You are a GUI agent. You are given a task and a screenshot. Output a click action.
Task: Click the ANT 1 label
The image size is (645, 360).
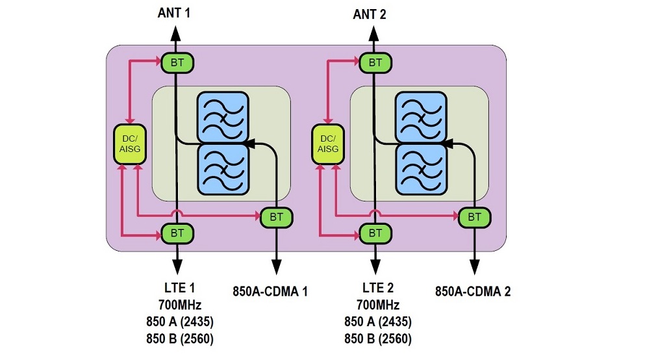(x=174, y=12)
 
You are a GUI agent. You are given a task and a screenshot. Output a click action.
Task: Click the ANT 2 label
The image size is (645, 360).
(x=370, y=14)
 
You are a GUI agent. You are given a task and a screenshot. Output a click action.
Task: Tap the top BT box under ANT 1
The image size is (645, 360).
(x=177, y=62)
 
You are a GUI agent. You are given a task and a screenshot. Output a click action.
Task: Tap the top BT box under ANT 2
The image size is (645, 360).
(x=375, y=62)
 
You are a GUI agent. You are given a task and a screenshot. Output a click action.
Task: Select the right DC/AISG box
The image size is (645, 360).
(x=328, y=144)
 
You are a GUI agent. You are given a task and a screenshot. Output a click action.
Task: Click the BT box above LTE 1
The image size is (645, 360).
(x=177, y=233)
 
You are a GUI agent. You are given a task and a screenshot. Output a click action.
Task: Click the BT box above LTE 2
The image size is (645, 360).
(x=375, y=233)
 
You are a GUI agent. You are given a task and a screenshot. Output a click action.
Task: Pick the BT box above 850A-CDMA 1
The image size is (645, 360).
(x=276, y=216)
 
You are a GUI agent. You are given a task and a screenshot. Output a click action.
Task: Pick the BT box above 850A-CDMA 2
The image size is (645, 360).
(x=474, y=216)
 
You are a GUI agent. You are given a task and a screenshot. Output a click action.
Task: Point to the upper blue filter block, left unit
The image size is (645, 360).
(x=223, y=117)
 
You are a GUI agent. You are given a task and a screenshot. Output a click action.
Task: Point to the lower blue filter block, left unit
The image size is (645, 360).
(x=223, y=168)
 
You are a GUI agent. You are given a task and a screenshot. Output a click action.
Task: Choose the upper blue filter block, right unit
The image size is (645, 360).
(x=421, y=117)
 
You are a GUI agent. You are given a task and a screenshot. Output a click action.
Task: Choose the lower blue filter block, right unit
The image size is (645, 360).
(x=421, y=168)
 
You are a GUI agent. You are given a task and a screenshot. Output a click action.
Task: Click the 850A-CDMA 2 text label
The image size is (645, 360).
(x=472, y=292)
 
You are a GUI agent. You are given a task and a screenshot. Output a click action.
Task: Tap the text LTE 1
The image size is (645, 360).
(x=177, y=288)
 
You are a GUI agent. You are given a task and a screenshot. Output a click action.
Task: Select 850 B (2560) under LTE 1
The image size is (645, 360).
(x=177, y=339)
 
